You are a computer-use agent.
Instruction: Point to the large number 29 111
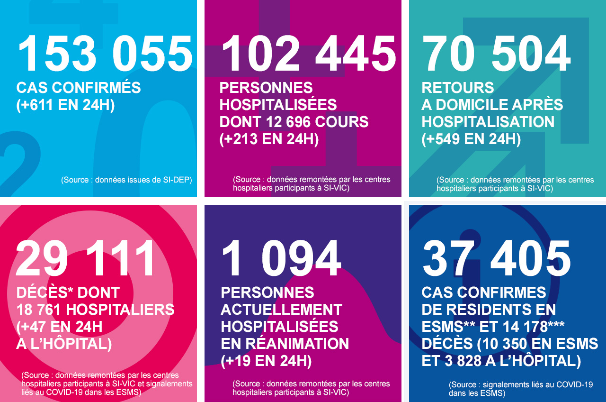pyautogui.click(x=86, y=259)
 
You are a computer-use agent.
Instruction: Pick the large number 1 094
pyautogui.click(x=281, y=259)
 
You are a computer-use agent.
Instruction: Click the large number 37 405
pyautogui.click(x=497, y=259)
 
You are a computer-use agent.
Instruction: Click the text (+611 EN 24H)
pyautogui.click(x=65, y=105)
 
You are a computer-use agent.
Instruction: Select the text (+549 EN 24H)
pyautogui.click(x=471, y=139)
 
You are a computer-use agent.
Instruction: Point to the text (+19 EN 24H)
pyautogui.click(x=266, y=361)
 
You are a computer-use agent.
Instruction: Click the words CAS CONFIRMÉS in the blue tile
pyautogui.click(x=79, y=88)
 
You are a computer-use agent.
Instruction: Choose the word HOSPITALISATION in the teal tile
pyautogui.click(x=488, y=122)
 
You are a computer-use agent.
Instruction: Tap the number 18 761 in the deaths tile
pyautogui.click(x=39, y=310)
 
